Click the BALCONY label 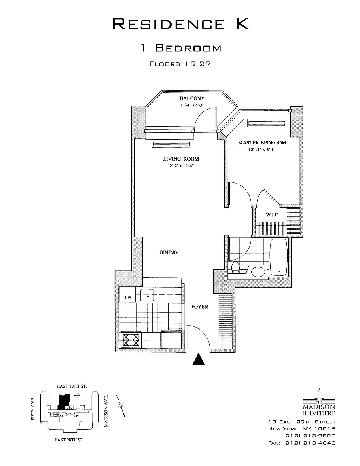click(x=192, y=98)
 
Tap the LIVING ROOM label click(x=181, y=159)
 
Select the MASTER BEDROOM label click(x=262, y=143)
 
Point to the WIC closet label click(x=272, y=215)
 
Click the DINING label click(x=168, y=252)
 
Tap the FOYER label click(x=199, y=307)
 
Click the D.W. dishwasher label click(x=128, y=298)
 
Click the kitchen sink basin click(x=149, y=295)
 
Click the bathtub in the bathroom click(x=278, y=258)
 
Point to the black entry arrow click(x=198, y=359)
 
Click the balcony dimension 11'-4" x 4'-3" click(x=192, y=105)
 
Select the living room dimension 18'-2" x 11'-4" click(x=181, y=165)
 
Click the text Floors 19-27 click(x=180, y=64)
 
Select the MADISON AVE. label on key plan click(x=106, y=411)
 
